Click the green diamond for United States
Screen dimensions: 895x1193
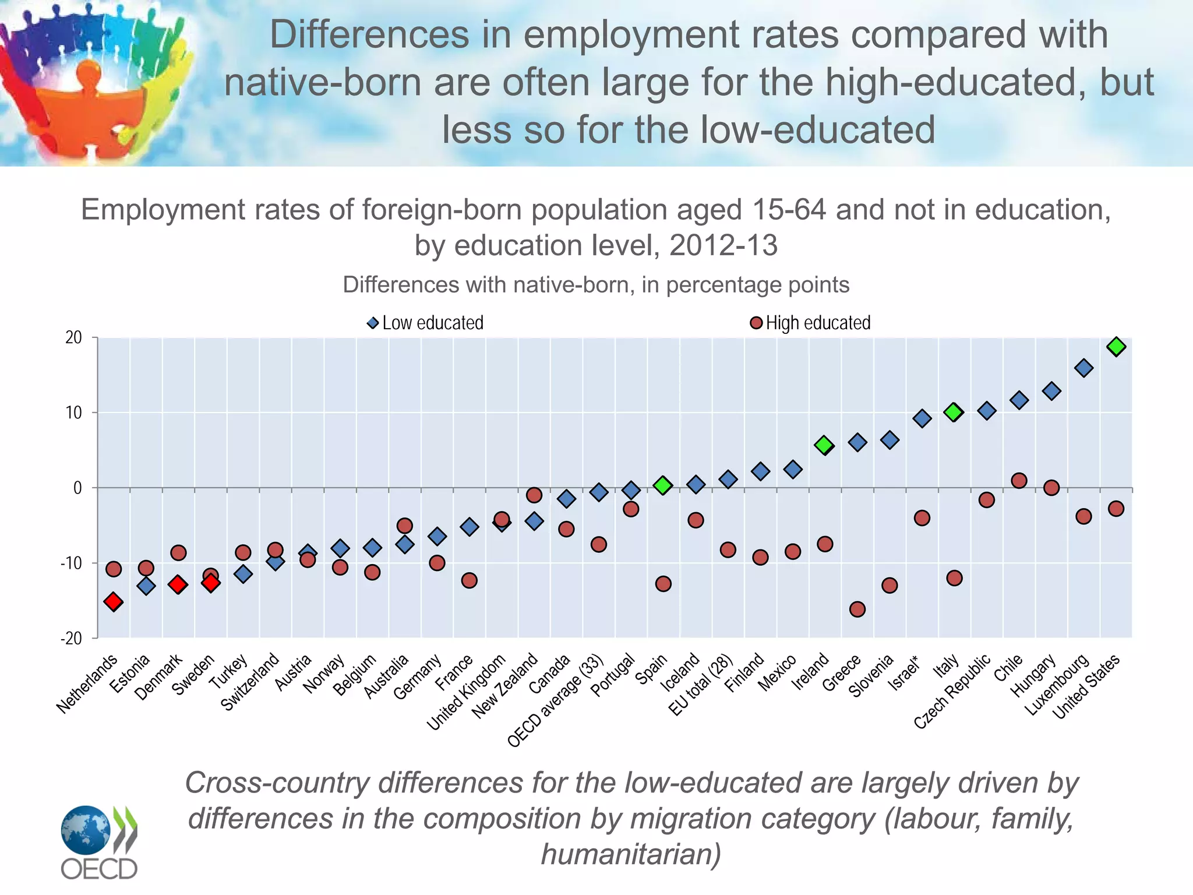coord(1116,347)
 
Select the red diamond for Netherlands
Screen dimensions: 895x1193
coord(114,602)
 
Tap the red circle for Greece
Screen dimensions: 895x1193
coord(857,609)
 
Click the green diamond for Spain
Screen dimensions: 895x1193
coord(663,485)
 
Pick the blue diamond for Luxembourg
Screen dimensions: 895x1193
coord(1083,368)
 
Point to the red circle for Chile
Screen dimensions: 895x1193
coord(1019,481)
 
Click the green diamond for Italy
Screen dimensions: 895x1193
coord(954,412)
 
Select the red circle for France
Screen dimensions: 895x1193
coord(469,580)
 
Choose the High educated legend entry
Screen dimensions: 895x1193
coord(811,323)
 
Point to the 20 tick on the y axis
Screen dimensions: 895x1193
coord(74,337)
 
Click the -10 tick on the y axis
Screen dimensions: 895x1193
coord(71,563)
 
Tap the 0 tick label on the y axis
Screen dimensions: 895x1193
coord(77,488)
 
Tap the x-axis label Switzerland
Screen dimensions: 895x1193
coord(250,682)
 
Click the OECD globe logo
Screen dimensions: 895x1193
coord(86,830)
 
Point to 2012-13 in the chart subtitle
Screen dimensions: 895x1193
coord(723,245)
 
